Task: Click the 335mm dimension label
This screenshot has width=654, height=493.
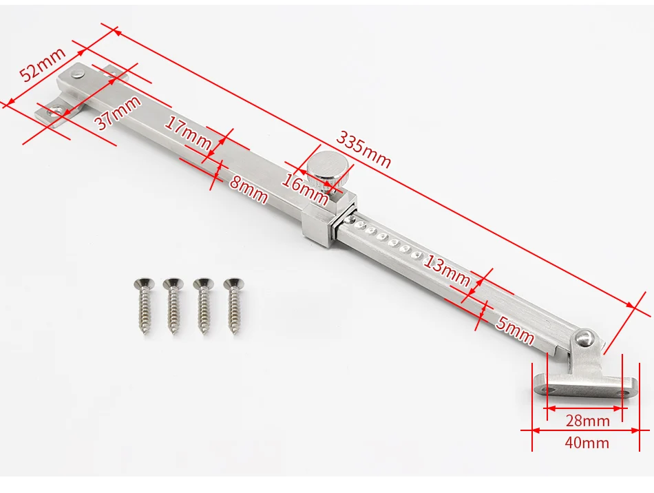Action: (363, 149)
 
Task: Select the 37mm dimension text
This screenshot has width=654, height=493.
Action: (118, 113)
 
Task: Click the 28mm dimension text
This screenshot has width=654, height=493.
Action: (587, 421)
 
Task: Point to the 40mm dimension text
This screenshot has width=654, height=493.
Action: (587, 443)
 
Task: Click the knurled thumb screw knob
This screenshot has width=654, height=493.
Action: (326, 169)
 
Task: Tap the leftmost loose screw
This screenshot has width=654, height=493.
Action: (144, 306)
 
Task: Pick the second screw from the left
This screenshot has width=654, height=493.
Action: (173, 306)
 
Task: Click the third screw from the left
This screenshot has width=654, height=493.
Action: (202, 306)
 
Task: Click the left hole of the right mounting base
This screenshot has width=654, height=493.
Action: (549, 389)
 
